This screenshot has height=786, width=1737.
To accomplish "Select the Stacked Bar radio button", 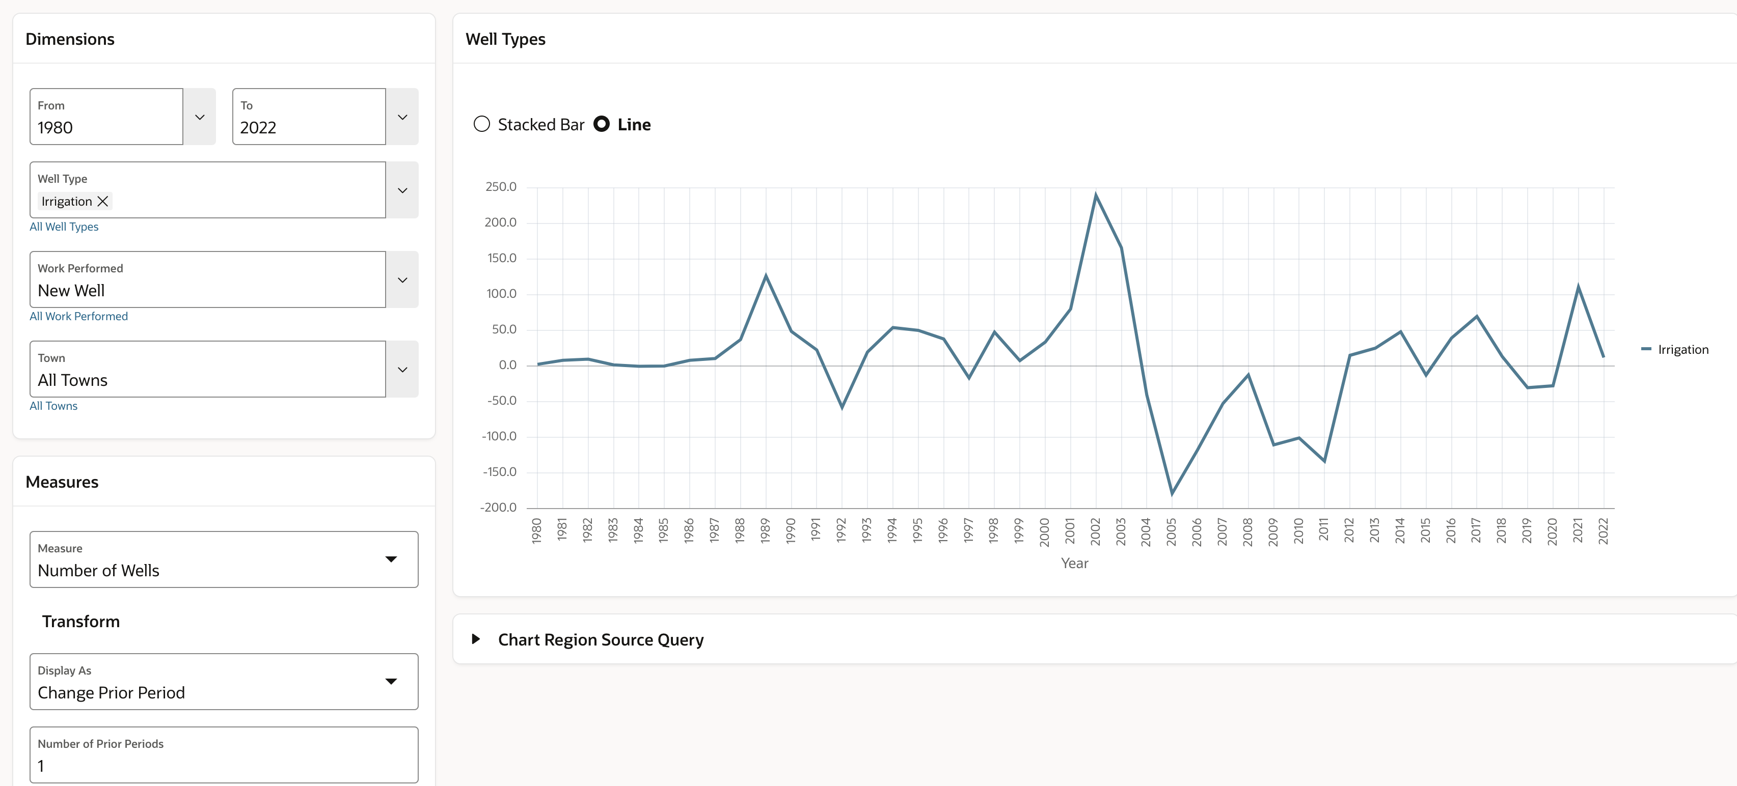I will pyautogui.click(x=481, y=124).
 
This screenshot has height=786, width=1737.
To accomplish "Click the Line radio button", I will pyautogui.click(x=602, y=124).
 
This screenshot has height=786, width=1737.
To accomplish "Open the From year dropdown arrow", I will pyautogui.click(x=200, y=117).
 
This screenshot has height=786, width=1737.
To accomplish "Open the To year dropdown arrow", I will pyautogui.click(x=402, y=117).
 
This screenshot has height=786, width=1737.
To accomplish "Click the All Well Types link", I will pyautogui.click(x=64, y=227).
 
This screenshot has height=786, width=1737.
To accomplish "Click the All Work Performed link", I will pyautogui.click(x=78, y=316).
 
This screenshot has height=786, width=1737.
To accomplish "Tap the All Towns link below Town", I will pyautogui.click(x=53, y=406).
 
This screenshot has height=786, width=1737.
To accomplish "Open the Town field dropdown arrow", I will pyautogui.click(x=402, y=370).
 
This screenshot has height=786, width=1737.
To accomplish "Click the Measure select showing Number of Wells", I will pyautogui.click(x=223, y=559).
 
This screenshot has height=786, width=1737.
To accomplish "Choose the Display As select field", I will pyautogui.click(x=223, y=682).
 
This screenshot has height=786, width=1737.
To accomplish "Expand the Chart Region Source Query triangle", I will pyautogui.click(x=476, y=639).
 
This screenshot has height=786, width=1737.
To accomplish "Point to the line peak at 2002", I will pyautogui.click(x=1096, y=195).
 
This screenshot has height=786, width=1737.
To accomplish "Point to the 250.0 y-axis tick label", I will pyautogui.click(x=501, y=187).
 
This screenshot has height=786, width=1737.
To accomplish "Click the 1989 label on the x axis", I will pyautogui.click(x=765, y=530).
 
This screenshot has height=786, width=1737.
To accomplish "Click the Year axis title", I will pyautogui.click(x=1074, y=563).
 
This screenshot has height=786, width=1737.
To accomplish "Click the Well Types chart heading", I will pyautogui.click(x=505, y=39).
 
